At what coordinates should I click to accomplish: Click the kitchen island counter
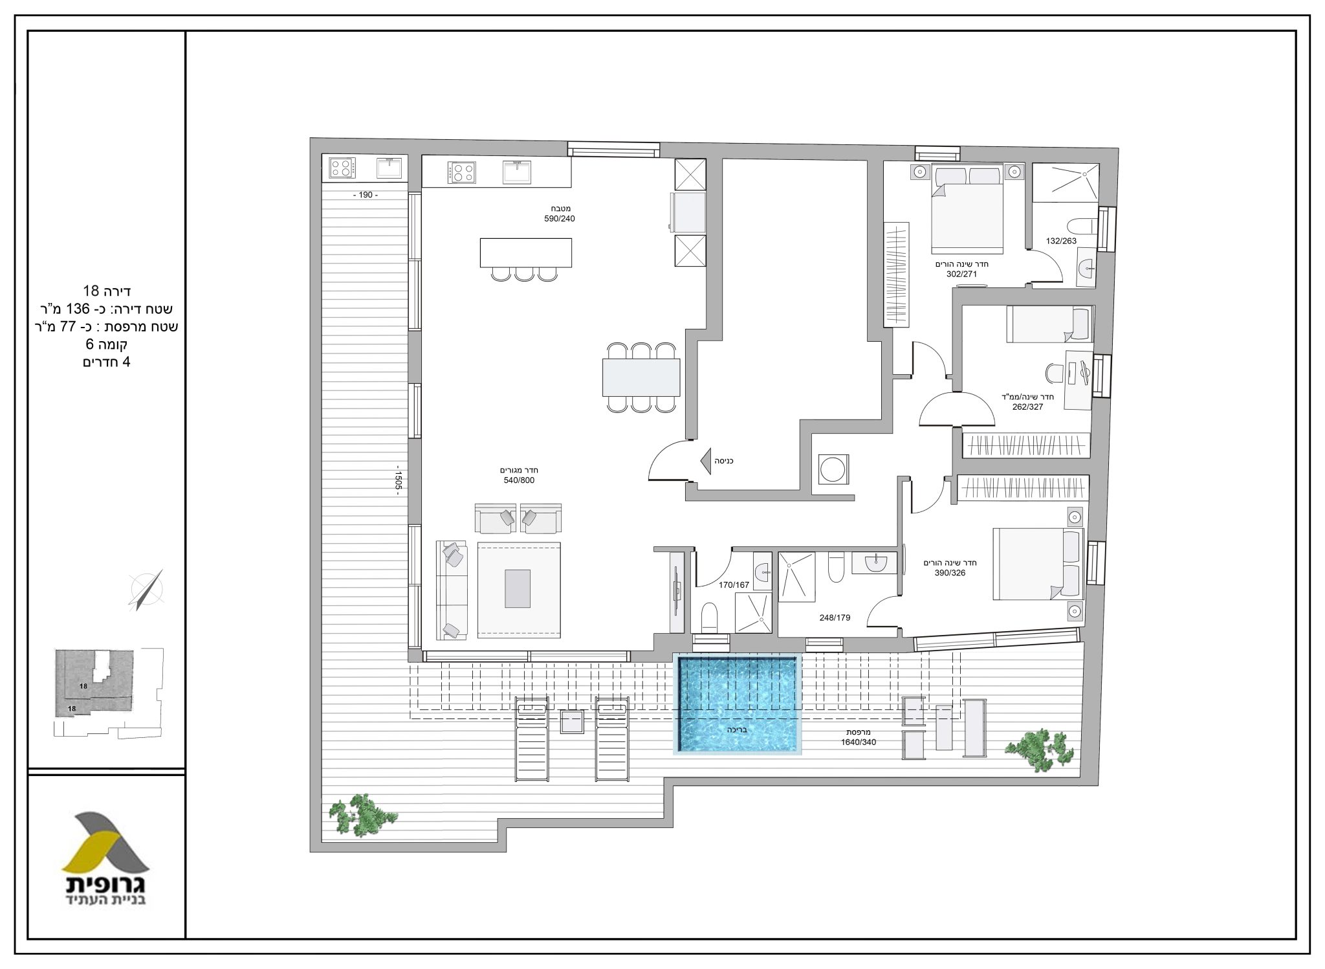[x=526, y=252]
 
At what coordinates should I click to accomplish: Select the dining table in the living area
[x=641, y=377]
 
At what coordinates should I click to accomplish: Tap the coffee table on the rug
[x=518, y=588]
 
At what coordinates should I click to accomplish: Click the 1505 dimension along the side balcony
[x=399, y=481]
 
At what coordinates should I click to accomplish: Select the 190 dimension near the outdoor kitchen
[x=366, y=195]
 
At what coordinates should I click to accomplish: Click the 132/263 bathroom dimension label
[x=1061, y=241]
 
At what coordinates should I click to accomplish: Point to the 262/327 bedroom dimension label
[x=1028, y=407]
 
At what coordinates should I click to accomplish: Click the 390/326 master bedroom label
[x=950, y=573]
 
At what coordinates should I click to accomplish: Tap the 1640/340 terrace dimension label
[x=859, y=742]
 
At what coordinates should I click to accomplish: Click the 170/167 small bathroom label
[x=734, y=585]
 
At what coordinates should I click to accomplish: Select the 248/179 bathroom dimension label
[x=835, y=618]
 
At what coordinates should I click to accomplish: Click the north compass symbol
[x=147, y=590]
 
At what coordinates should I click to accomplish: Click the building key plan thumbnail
[x=108, y=693]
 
